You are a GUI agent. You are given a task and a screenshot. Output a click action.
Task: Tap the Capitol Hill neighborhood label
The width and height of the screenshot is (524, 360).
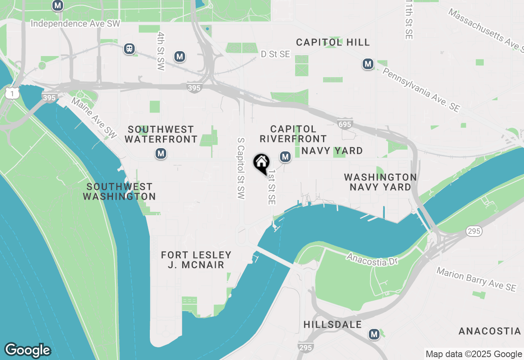pos(333,42)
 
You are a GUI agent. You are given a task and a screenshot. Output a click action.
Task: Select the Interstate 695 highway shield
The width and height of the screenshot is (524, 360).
pos(345,124)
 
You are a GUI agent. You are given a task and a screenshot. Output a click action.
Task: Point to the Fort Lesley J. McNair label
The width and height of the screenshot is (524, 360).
pos(196,260)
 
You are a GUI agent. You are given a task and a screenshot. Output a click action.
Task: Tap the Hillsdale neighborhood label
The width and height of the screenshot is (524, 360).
pos(332,325)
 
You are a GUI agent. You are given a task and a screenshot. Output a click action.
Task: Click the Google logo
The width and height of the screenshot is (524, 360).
pos(27,350)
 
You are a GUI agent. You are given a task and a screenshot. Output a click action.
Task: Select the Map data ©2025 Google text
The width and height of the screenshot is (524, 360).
pos(473,354)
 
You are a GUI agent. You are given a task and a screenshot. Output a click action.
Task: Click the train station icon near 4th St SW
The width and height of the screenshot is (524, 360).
pos(129,49)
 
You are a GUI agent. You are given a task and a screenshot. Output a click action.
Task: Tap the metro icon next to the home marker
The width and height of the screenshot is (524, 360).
pos(285,156)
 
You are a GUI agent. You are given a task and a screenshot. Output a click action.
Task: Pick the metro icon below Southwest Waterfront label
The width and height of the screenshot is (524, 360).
pos(160,154)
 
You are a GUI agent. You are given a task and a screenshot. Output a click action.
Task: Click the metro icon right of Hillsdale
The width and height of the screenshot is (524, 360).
pos(374,334)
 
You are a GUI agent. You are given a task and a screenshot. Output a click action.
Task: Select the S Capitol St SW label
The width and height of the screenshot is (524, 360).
pos(241,168)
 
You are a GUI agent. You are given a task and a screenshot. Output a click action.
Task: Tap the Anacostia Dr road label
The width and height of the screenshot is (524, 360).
pos(367,259)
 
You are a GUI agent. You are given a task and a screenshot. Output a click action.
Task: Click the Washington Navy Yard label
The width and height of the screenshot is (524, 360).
pos(380,182)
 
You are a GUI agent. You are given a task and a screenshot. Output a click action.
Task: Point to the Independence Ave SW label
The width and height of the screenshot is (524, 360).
pos(76,24)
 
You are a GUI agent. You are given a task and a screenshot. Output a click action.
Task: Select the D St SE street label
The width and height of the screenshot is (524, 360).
pos(276,54)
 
